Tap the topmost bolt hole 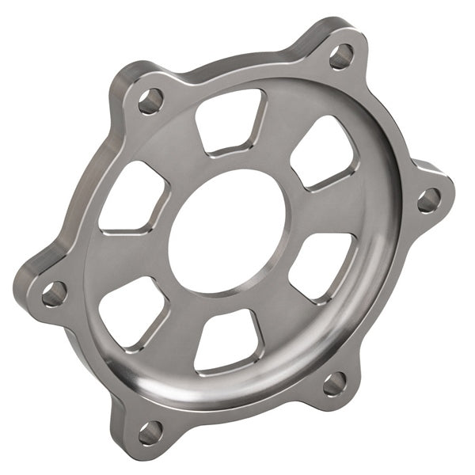(x=341, y=55)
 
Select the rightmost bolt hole (x=428, y=199)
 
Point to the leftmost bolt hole (x=54, y=294)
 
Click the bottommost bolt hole (x=150, y=432)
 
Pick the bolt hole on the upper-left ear (x=150, y=101)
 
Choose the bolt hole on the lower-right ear (x=334, y=385)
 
